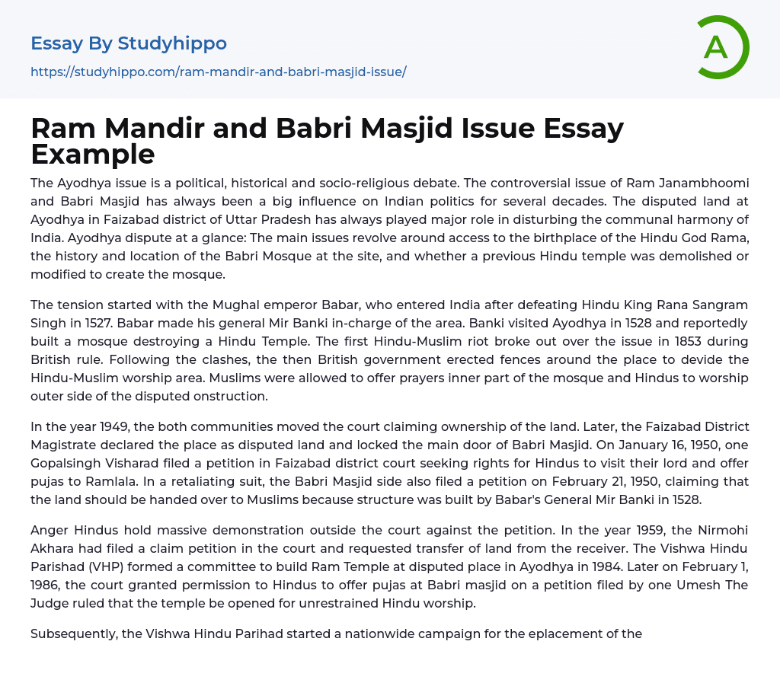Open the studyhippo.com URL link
pyautogui.click(x=218, y=72)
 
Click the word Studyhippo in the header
pyautogui.click(x=172, y=43)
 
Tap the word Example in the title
pyautogui.click(x=92, y=154)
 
